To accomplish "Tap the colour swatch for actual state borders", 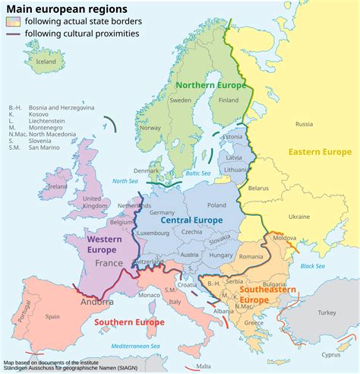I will [13, 21].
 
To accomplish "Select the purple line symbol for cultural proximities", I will [13, 33].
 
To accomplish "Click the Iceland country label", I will [46, 62].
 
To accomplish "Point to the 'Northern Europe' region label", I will [210, 85].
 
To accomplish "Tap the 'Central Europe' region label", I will [191, 220].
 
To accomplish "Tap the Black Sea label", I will [312, 266].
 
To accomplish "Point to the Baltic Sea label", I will [197, 173].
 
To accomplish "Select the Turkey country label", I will [327, 312].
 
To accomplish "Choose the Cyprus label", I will [330, 354].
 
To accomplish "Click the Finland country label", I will [229, 100].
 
